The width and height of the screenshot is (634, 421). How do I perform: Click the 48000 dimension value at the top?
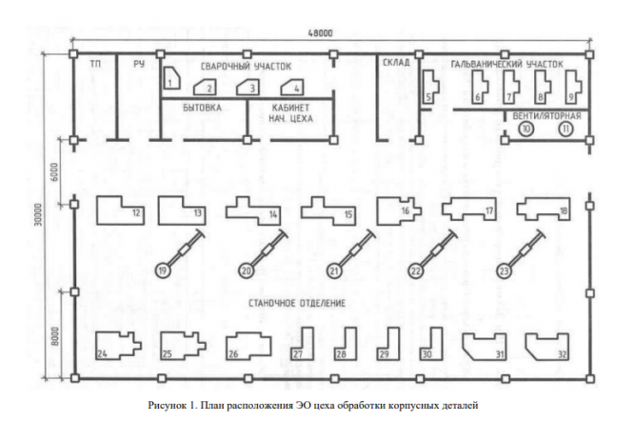pyautogui.click(x=320, y=33)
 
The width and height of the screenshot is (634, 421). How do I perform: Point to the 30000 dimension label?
pyautogui.click(x=37, y=214)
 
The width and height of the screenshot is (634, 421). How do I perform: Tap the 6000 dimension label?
pyautogui.click(x=55, y=172)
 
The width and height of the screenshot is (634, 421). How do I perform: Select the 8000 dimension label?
pyautogui.click(x=55, y=335)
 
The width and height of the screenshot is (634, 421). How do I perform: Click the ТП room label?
pyautogui.click(x=95, y=64)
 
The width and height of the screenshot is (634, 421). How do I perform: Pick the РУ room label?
pyautogui.click(x=139, y=64)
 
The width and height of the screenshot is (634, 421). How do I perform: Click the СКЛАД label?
pyautogui.click(x=396, y=62)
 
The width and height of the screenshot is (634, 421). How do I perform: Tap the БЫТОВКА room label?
pyautogui.click(x=202, y=108)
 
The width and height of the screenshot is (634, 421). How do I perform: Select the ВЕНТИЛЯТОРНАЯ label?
pyautogui.click(x=546, y=116)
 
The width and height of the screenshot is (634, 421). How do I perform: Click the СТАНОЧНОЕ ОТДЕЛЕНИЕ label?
pyautogui.click(x=297, y=303)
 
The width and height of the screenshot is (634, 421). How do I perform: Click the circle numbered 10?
pyautogui.click(x=526, y=129)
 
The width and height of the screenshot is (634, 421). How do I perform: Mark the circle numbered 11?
pyautogui.click(x=566, y=129)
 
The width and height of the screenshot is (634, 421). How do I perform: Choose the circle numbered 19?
pyautogui.click(x=163, y=271)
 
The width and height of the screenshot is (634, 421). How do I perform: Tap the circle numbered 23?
pyautogui.click(x=504, y=271)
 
